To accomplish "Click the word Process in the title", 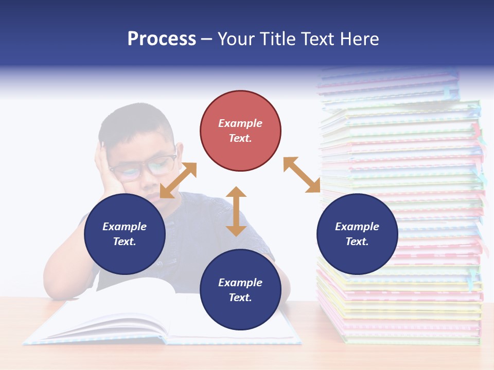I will (162, 39).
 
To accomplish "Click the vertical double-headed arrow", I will (236, 211).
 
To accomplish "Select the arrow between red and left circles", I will (178, 180).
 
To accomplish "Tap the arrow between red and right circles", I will (302, 175).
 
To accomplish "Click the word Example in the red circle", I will (240, 123).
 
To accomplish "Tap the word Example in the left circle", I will (125, 227).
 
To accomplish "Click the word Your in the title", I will (236, 39).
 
